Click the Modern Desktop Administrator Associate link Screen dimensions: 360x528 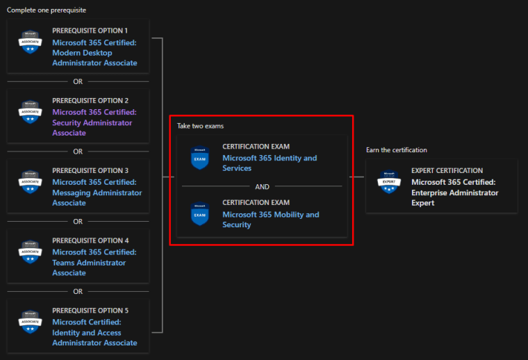(94, 52)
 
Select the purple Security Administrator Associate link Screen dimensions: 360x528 (94, 122)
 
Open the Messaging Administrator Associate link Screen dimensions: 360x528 (97, 193)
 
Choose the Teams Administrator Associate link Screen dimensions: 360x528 (94, 263)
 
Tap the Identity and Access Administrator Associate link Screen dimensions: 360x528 (94, 332)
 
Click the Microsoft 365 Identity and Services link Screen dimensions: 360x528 (270, 163)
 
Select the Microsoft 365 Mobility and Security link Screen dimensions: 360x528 (270, 220)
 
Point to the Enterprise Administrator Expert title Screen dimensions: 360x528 (455, 193)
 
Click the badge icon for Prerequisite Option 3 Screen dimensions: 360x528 (30, 182)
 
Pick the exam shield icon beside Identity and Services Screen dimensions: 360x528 (200, 158)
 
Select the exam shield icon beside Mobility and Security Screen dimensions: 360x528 (200, 214)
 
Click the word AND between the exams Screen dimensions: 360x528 (262, 186)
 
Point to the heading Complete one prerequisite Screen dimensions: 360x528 (47, 10)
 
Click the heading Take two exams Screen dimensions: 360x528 (200, 126)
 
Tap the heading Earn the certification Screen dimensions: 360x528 (397, 149)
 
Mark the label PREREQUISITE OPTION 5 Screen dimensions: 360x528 (90, 311)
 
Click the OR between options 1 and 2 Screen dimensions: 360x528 (78, 81)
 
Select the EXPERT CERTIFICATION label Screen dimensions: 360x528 (447, 170)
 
